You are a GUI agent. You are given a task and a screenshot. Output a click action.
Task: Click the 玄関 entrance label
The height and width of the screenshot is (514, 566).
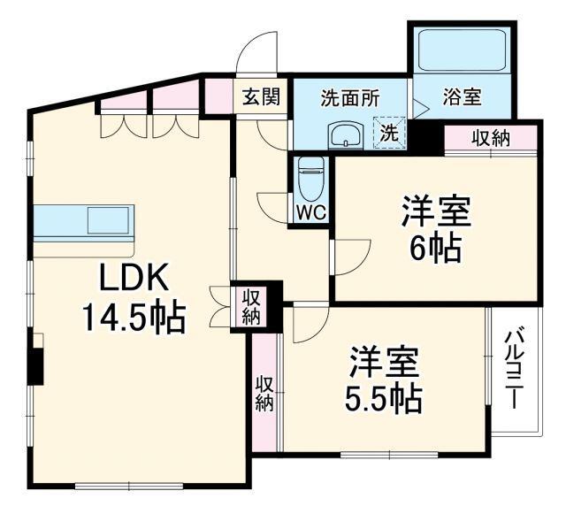pos(262,96)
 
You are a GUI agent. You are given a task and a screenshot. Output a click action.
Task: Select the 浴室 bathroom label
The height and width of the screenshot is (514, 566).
pos(462,96)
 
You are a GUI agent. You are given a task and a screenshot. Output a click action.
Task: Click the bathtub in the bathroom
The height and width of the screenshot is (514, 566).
pos(462,50)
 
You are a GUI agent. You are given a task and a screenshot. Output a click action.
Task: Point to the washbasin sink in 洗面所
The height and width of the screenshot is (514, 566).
pos(346,134)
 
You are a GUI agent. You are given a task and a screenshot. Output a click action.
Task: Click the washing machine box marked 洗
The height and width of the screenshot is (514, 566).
pos(390,133)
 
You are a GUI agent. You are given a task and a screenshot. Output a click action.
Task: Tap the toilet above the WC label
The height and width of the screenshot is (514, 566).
pos(311,180)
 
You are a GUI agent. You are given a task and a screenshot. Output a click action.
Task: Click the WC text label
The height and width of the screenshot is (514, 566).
pos(311,212)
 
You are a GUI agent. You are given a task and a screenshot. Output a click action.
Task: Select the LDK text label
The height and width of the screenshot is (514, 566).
pos(134,277)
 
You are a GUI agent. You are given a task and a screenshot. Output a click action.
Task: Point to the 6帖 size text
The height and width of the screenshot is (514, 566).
pos(436,248)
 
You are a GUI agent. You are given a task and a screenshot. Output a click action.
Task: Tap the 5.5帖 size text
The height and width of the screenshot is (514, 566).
pos(384,399)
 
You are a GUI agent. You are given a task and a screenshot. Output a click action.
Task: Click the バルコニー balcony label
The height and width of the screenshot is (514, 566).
pos(513,370)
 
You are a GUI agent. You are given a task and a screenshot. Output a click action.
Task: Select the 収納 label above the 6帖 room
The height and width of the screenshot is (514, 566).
pos(491,138)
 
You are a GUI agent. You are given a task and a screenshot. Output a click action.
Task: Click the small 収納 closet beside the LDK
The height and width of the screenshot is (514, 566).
pos(250,307)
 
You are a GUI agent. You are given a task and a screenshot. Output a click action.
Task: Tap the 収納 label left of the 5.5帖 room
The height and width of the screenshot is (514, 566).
pos(264,394)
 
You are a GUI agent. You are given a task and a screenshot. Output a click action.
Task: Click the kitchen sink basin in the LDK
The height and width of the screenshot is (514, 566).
pos(108,220)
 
